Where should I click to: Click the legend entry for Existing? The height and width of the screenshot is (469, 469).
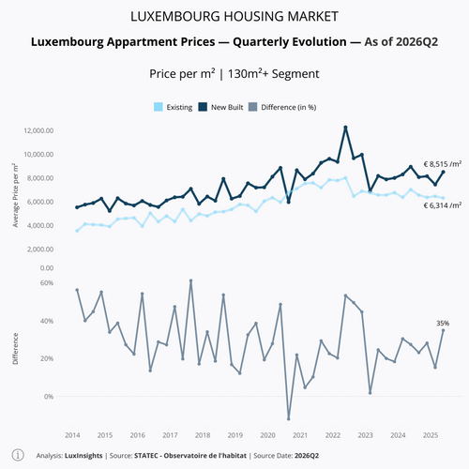174,107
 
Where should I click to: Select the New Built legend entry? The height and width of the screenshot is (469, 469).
220,107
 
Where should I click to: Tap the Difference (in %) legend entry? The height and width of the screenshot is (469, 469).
282,107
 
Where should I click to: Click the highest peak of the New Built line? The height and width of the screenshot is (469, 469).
345,128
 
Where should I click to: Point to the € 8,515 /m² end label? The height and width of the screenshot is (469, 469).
443,164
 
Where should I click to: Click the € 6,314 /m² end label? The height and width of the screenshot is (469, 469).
443,205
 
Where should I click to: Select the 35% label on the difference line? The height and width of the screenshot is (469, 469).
443,323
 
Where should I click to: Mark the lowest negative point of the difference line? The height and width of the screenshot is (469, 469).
289,418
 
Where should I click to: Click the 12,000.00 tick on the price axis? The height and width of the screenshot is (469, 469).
38,130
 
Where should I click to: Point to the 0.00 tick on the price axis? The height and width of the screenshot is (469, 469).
47,268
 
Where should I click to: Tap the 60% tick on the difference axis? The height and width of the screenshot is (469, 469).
47,283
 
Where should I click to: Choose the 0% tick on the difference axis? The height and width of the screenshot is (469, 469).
49,397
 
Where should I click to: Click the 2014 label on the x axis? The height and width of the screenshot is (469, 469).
72,435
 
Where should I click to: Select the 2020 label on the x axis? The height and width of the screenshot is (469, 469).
268,435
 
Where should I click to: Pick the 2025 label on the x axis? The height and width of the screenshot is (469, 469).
431,435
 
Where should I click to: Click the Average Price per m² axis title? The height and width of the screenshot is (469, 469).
15,195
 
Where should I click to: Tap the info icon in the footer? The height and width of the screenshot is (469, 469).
18,455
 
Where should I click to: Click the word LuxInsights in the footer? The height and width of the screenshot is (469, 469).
83,456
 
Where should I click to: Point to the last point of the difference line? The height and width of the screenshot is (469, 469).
443,330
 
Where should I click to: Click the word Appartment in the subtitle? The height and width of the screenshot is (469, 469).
161,42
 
